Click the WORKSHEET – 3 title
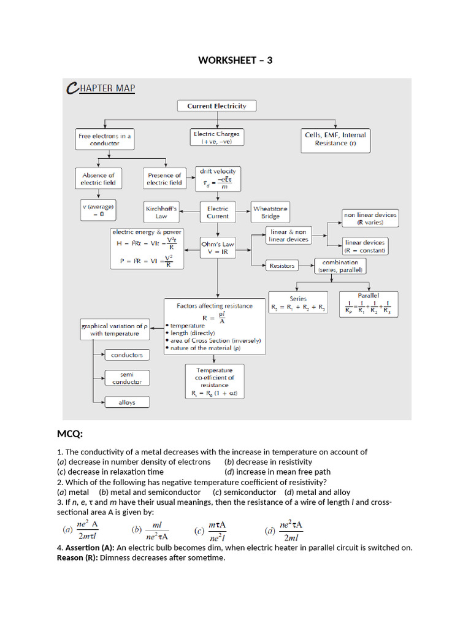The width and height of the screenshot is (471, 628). (x=235, y=60)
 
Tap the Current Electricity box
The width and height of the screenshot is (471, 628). (x=216, y=106)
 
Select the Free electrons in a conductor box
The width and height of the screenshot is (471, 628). (x=104, y=139)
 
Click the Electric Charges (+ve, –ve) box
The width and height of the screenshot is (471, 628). (x=216, y=137)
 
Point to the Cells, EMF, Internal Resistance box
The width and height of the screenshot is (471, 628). (x=335, y=139)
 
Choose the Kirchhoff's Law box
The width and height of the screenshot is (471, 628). (x=161, y=212)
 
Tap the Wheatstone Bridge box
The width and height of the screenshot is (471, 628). (x=270, y=212)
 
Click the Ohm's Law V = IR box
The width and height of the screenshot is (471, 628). (x=218, y=248)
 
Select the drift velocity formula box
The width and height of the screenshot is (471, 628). (x=218, y=178)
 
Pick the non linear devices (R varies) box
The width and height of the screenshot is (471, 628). (x=370, y=218)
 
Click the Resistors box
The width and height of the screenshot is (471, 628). (x=282, y=266)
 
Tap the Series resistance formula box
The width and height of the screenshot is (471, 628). (x=298, y=303)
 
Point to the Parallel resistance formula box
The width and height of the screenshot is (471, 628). (x=368, y=304)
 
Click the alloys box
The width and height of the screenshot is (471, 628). (x=127, y=402)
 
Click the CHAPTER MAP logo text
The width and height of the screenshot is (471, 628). (x=101, y=88)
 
